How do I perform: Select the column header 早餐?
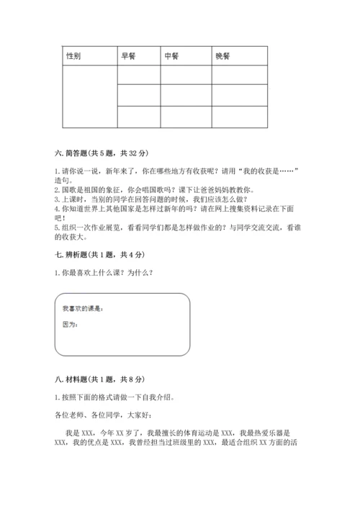[x=128, y=56]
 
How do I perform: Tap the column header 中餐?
[x=171, y=56]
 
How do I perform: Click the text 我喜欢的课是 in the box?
[x=83, y=310]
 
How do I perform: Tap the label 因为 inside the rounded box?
[x=70, y=325]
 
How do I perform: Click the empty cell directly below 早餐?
[x=138, y=75]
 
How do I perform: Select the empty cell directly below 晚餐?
[x=240, y=75]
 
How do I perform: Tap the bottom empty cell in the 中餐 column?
[x=186, y=116]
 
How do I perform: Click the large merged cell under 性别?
[x=89, y=96]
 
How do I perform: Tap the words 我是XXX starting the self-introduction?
[x=84, y=435]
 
